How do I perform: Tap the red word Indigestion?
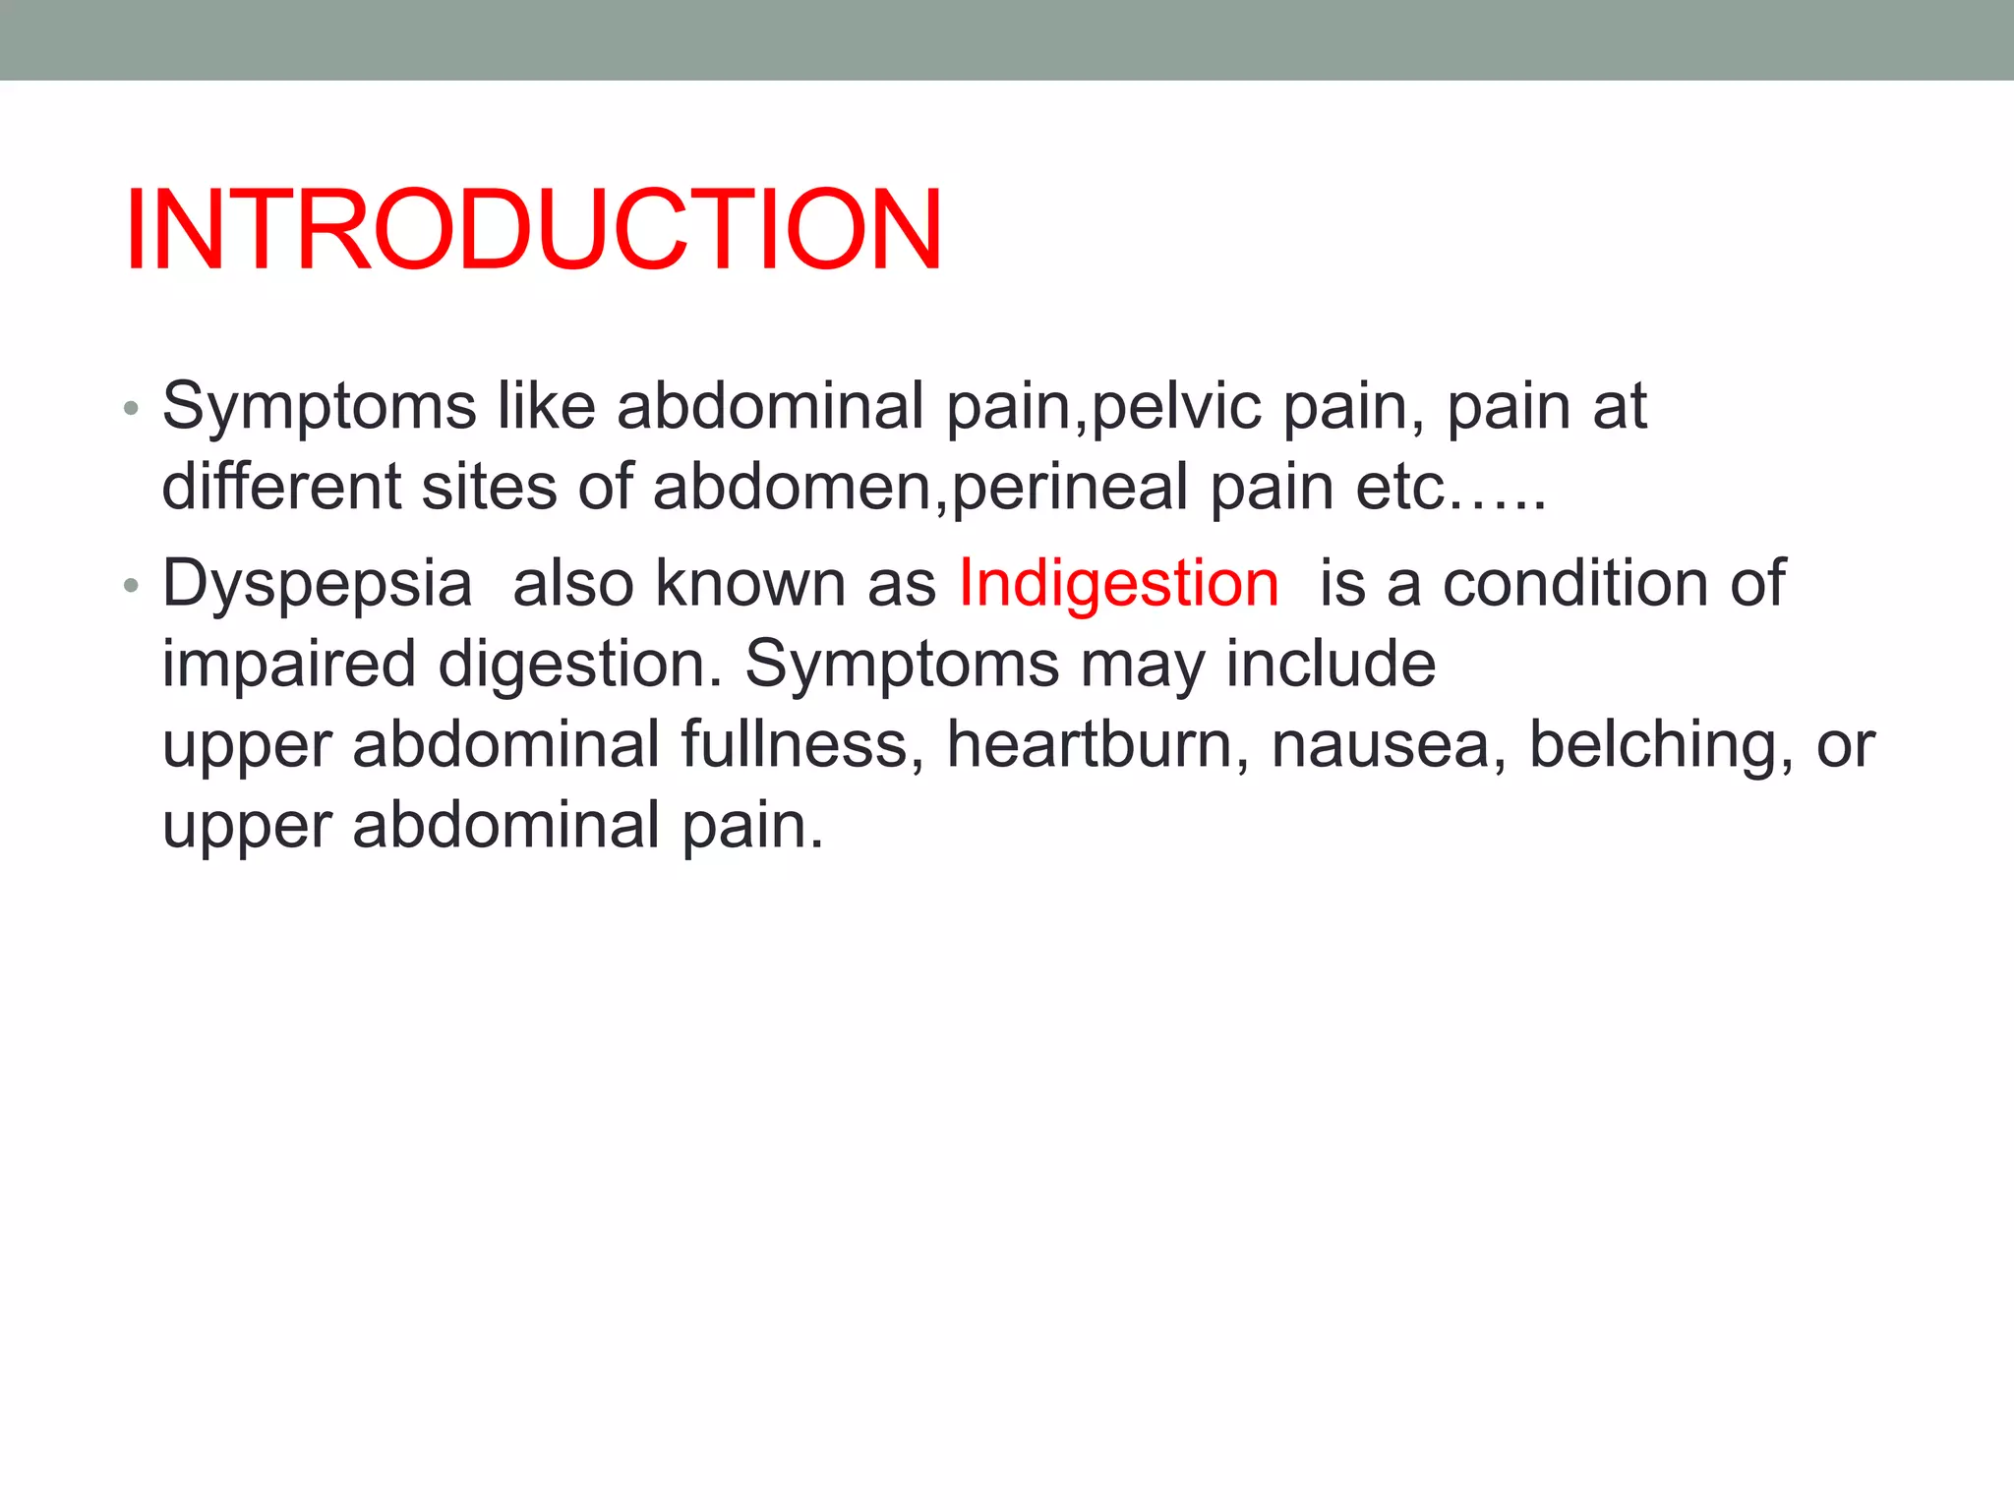1118,583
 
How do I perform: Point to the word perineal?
1070,487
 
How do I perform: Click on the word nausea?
1389,744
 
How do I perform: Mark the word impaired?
289,666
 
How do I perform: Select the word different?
281,487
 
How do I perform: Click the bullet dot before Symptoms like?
131,408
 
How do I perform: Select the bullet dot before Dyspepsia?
131,586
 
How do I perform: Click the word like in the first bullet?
546,406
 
